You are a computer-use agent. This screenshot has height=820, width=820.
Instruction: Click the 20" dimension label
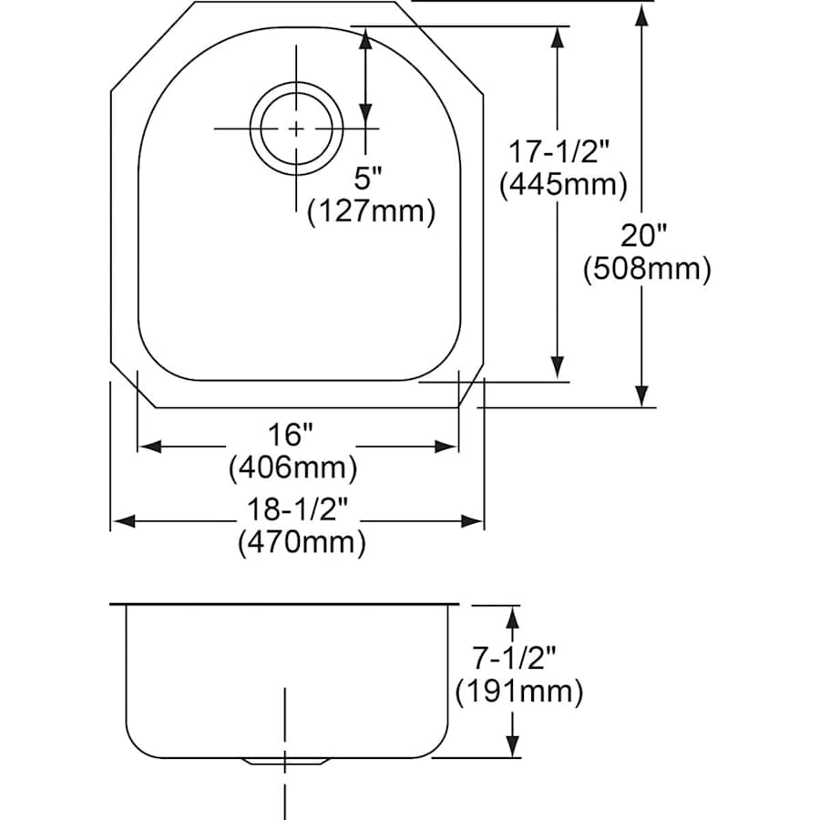pos(644,236)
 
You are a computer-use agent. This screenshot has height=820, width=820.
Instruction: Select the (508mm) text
pos(645,269)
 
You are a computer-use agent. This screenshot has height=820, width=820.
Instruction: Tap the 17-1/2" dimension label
pos(562,150)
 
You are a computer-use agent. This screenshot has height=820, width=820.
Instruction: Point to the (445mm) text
pos(563,185)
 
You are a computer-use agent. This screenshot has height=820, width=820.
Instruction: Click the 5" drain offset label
pos(367,176)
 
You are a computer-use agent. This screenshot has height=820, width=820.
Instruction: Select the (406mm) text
pos(292,468)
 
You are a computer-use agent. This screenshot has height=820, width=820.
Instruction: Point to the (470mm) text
pos(302,543)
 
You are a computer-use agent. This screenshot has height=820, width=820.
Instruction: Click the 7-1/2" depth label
pos(518,656)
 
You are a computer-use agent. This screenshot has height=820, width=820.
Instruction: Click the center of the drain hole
pos(296,128)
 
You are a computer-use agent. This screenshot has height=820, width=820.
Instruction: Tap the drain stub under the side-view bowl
pos(286,761)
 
